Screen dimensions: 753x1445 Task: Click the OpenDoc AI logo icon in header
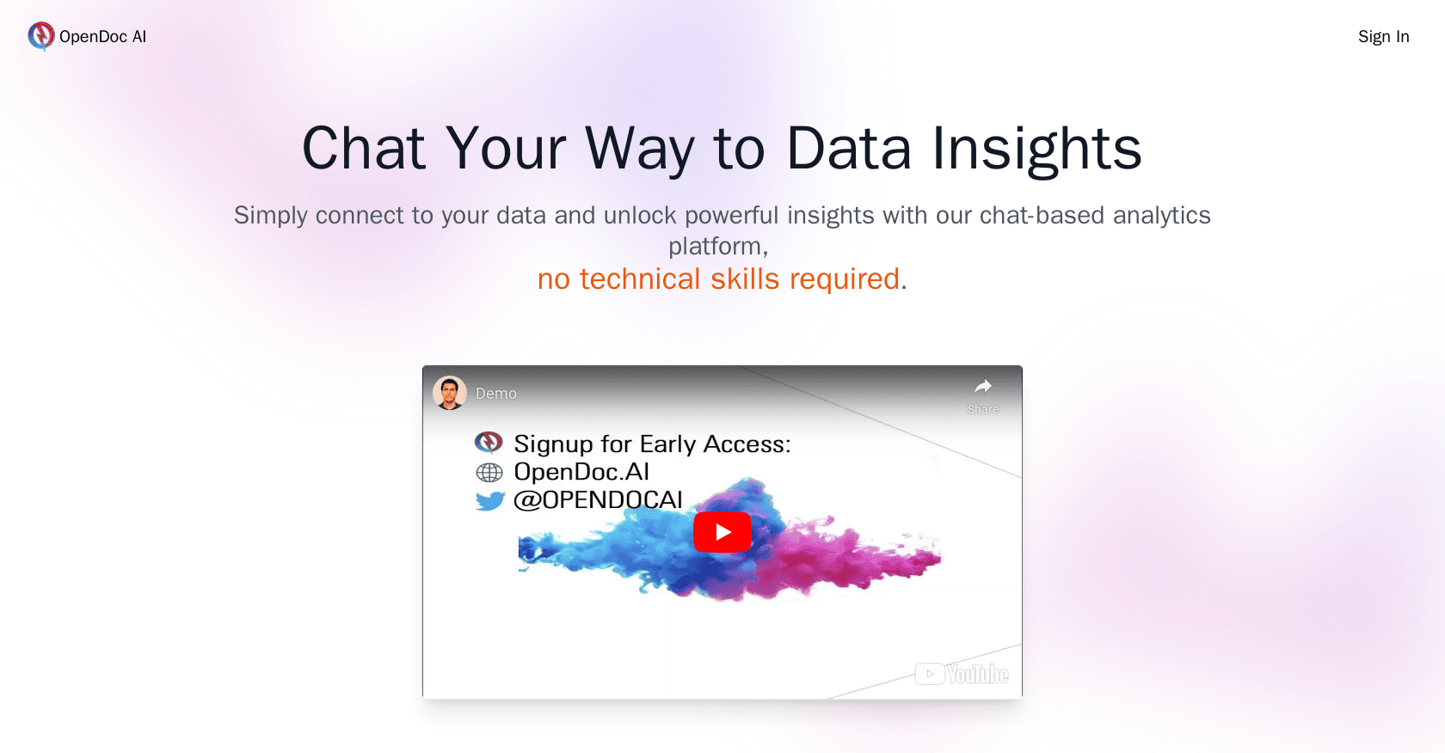40,36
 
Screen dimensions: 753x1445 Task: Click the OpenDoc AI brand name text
102,37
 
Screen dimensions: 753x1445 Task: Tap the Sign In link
1383,37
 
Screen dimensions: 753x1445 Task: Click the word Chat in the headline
363,149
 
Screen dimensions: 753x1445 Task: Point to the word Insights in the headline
1036,149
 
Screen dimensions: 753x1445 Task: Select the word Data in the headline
848,149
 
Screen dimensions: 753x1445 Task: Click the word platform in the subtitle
716,247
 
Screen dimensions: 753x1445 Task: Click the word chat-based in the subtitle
1042,215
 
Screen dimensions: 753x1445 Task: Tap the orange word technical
640,279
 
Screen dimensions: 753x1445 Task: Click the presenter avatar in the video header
449,393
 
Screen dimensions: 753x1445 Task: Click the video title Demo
496,394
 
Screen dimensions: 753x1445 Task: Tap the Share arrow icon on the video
982,387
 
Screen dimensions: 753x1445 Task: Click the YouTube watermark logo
962,674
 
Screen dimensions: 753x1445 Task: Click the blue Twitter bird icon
489,500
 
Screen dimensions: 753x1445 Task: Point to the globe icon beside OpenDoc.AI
489,472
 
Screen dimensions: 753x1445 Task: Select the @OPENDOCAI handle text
598,500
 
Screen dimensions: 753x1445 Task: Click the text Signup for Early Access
651,444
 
